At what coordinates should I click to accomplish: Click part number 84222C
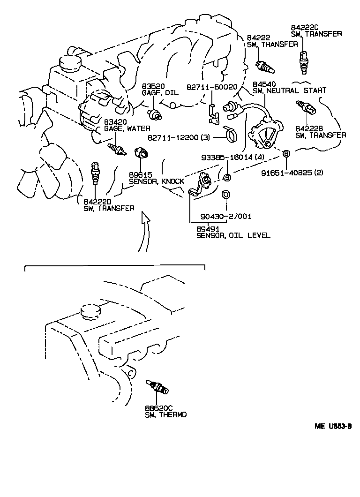pyautogui.click(x=303, y=27)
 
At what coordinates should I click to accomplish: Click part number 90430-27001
pyautogui.click(x=226, y=216)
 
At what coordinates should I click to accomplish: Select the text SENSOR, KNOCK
pyautogui.click(x=157, y=181)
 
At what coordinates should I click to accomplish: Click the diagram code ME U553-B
pyautogui.click(x=333, y=427)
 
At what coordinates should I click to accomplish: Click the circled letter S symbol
pyautogui.click(x=226, y=177)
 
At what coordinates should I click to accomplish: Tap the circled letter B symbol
pyautogui.click(x=286, y=154)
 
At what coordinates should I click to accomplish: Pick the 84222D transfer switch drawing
pyautogui.click(x=96, y=173)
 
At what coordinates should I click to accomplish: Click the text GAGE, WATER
pyautogui.click(x=120, y=128)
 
